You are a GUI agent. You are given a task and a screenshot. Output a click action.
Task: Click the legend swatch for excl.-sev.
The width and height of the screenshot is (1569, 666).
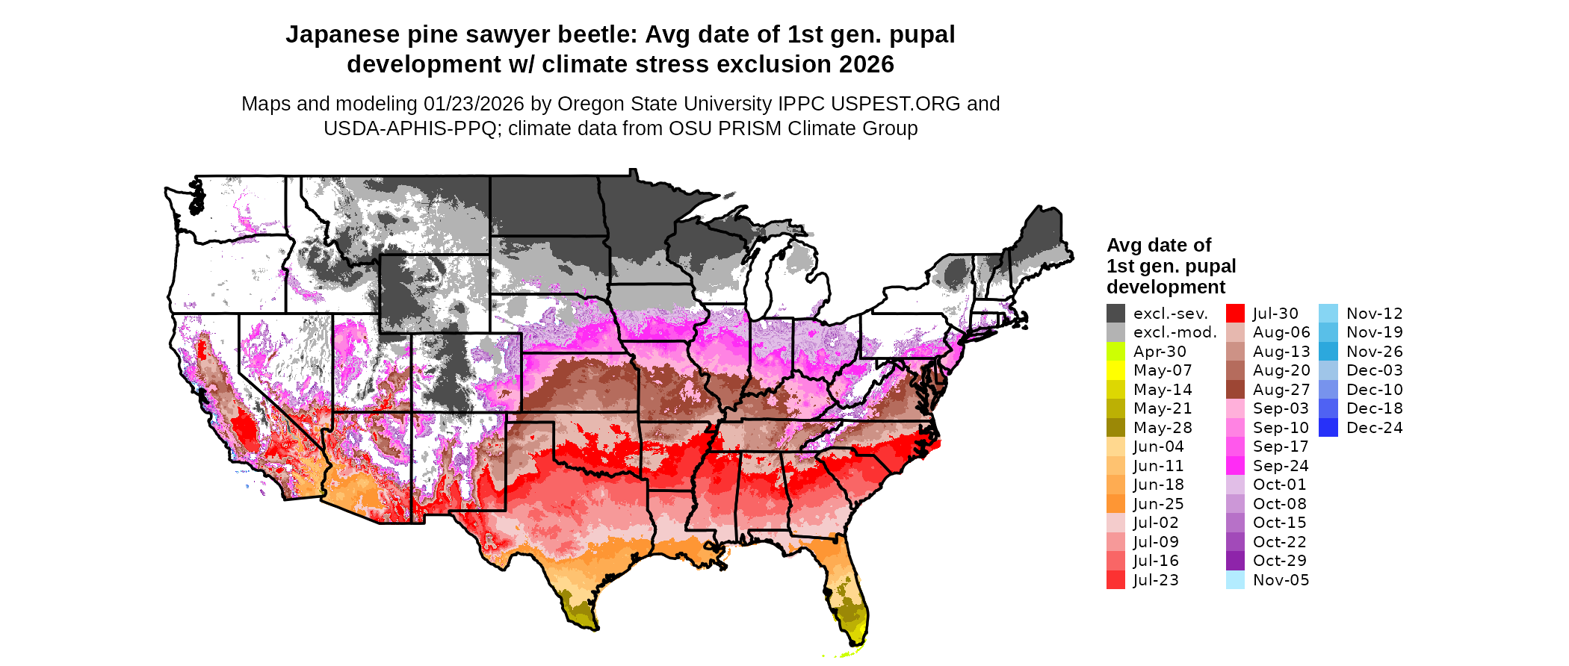tap(1115, 314)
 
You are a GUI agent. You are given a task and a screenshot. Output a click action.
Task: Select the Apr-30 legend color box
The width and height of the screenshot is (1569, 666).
tap(1115, 352)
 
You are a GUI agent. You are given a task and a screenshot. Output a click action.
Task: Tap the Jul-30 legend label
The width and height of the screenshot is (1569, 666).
tap(1275, 314)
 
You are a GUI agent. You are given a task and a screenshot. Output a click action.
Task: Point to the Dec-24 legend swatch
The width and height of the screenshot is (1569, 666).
tap(1328, 428)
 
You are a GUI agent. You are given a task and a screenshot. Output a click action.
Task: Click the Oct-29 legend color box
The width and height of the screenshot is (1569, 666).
tap(1235, 561)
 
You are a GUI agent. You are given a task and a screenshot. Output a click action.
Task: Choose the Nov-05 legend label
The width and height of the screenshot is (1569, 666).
tap(1281, 580)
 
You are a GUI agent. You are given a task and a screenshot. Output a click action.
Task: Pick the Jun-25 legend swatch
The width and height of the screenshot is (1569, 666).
tap(1115, 504)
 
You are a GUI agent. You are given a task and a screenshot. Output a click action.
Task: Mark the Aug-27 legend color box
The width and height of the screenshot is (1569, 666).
tap(1235, 390)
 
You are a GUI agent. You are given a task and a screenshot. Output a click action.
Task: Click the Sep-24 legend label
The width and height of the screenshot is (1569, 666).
tap(1281, 466)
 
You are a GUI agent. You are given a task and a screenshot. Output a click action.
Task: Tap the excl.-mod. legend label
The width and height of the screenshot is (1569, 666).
tap(1175, 332)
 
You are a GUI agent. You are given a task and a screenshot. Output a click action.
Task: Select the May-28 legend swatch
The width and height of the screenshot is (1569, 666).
tap(1115, 428)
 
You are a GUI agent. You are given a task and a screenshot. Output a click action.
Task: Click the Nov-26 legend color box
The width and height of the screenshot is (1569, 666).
tap(1328, 352)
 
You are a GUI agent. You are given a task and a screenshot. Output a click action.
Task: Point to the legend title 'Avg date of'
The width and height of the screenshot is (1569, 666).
tap(1159, 246)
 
